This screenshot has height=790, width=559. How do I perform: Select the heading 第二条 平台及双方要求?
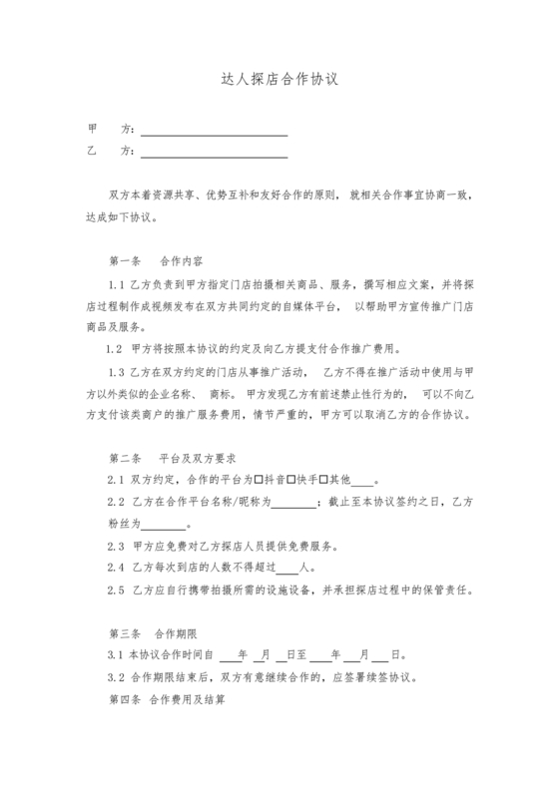[172, 459]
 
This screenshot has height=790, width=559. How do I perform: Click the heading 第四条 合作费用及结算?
[166, 700]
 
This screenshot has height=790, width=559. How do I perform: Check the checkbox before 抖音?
[260, 480]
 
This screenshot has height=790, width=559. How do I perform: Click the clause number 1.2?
[113, 348]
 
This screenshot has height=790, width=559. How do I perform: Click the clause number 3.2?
[115, 677]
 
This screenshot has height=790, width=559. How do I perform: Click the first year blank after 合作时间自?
[229, 657]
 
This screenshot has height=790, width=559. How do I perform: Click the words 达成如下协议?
[128, 216]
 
